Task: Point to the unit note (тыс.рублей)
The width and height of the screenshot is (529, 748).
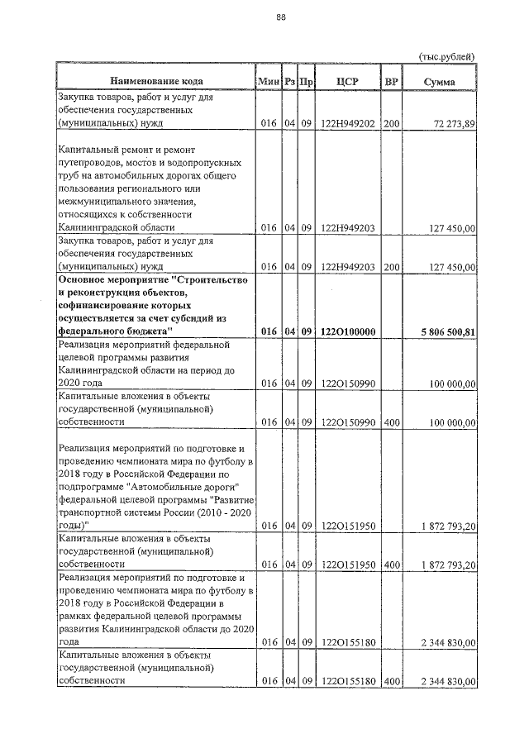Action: pyautogui.click(x=448, y=56)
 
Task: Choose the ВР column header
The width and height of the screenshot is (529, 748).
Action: pyautogui.click(x=391, y=81)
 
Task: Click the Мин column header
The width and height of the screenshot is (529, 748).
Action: pyautogui.click(x=268, y=81)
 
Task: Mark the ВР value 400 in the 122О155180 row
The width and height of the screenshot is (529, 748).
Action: pyautogui.click(x=391, y=680)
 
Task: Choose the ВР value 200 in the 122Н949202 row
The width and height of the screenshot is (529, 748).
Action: pyautogui.click(x=391, y=124)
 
